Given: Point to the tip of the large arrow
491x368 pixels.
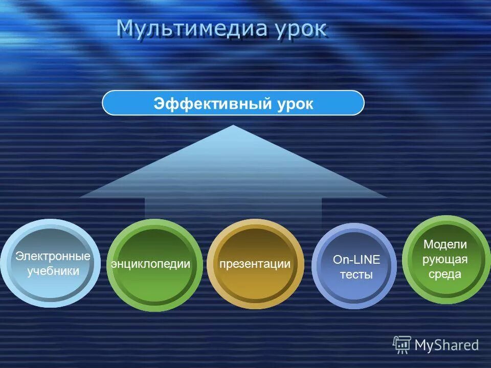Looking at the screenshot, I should coord(233,126).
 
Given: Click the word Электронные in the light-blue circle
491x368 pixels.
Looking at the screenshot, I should coord(53,256).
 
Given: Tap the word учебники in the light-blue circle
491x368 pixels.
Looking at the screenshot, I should coord(53,271).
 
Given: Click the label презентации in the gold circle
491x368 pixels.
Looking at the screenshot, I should coord(255,264).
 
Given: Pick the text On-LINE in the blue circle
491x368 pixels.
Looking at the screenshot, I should coord(356,260).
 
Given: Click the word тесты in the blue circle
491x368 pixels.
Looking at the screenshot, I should coord(356,274).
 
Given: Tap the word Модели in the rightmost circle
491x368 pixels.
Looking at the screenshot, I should coord(445,244).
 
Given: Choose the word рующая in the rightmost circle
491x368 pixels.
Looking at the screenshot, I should coord(445,259).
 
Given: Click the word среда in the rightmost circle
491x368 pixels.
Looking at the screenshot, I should coord(445,274).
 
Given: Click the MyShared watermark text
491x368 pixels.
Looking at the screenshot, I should coord(447,346).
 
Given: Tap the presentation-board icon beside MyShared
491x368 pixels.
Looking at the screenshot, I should coord(402,345).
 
